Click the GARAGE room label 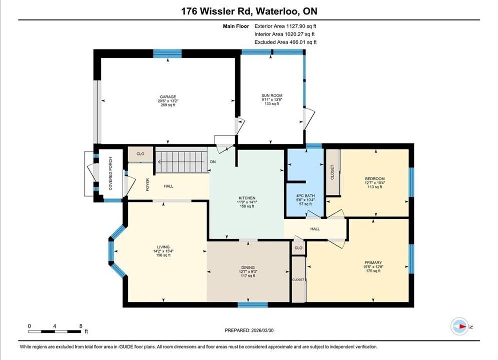click(168, 97)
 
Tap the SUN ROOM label click(272, 95)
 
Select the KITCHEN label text click(247, 198)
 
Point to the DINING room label click(248, 267)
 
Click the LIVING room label click(163, 247)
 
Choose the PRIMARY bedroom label click(373, 263)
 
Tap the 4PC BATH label click(305, 196)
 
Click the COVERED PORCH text click(111, 174)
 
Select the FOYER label click(148, 185)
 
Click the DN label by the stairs click(213, 162)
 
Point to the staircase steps click(182, 162)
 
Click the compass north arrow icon click(459, 326)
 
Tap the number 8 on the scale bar click(81, 326)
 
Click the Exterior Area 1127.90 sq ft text click(285, 26)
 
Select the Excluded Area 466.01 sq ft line click(285, 42)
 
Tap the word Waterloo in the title click(277, 11)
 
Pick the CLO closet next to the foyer click(140, 154)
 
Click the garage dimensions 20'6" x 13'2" click(168, 101)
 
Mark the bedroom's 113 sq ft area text click(375, 187)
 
